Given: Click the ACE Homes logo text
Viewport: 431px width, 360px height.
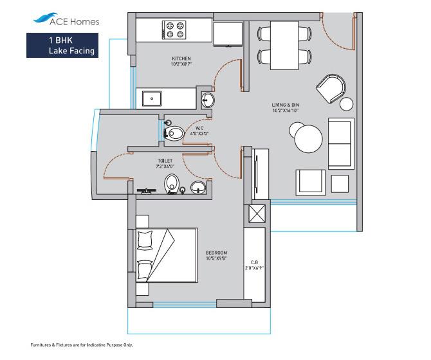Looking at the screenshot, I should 75,21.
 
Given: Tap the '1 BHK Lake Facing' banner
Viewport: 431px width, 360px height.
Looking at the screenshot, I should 62,45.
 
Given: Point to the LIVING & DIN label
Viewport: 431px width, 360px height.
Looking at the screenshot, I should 286,104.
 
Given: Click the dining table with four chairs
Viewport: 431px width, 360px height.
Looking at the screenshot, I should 284,45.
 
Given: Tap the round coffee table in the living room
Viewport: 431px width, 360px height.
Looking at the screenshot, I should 306,136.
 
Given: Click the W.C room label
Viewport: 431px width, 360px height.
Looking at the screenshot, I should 199,129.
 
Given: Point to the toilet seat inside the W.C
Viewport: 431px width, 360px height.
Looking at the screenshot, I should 174,133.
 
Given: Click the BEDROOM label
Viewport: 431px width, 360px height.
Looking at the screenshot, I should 216,253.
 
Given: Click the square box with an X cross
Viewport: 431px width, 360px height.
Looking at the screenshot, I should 256,214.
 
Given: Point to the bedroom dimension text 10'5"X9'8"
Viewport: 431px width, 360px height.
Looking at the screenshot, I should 216,258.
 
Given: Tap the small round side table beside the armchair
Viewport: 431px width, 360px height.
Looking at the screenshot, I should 347,104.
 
